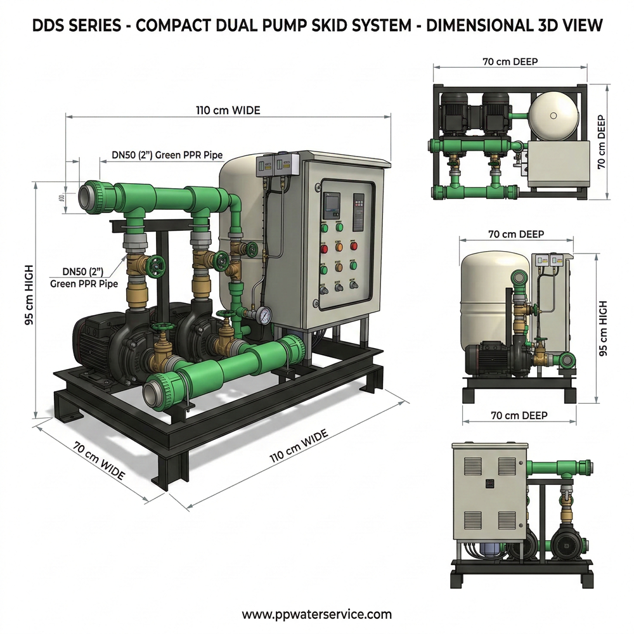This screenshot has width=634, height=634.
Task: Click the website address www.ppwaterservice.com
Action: (x=317, y=614)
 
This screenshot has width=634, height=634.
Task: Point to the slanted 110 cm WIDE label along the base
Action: (x=299, y=446)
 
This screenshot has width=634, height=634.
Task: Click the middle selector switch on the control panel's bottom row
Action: (x=339, y=287)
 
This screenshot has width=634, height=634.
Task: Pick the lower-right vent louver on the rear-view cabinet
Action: (x=507, y=520)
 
